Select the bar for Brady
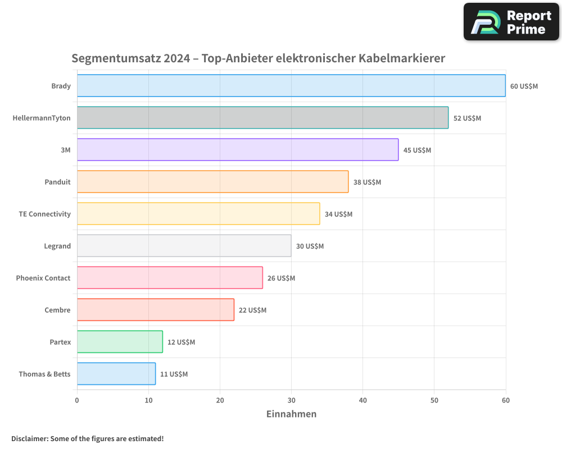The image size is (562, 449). [x=291, y=86]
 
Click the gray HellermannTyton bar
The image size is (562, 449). [x=262, y=118]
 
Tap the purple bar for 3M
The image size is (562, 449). [x=238, y=150]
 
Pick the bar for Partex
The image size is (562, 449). [x=120, y=342]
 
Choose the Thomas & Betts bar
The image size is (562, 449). [x=116, y=374]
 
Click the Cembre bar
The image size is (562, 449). [x=156, y=310]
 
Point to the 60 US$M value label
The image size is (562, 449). [x=524, y=86]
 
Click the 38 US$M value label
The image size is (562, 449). [x=367, y=182]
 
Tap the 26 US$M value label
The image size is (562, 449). [x=281, y=278]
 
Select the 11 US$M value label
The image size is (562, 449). [x=174, y=374]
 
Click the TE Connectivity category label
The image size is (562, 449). [x=45, y=214]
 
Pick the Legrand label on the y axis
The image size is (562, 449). [x=57, y=246]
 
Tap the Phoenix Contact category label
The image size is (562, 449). [x=43, y=278]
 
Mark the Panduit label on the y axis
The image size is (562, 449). [x=58, y=182]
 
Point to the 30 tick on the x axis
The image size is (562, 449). [x=291, y=400]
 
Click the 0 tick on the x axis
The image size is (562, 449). [x=77, y=400]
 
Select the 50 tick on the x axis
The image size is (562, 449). [x=434, y=400]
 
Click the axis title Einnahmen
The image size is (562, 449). [x=291, y=414]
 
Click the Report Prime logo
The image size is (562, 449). [x=511, y=22]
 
